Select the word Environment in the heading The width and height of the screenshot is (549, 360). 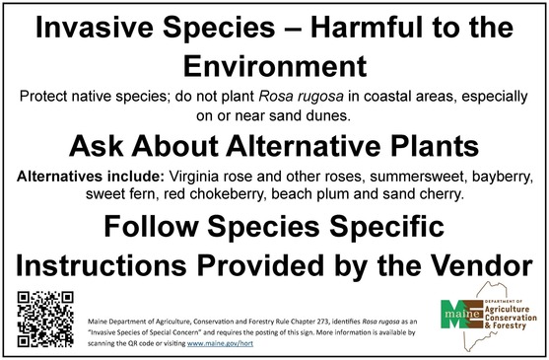coord(274,66)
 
